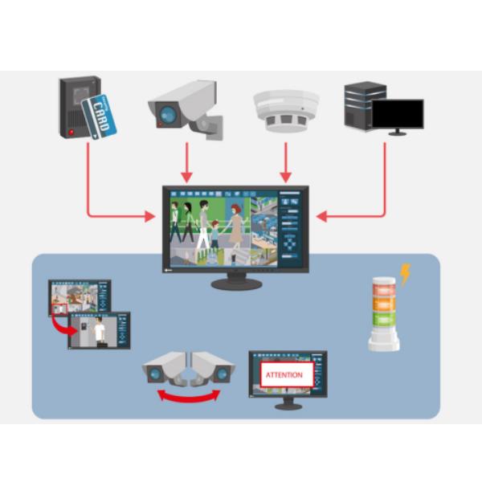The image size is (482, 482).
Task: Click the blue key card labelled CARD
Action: [102, 115]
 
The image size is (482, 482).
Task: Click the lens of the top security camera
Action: [167, 116]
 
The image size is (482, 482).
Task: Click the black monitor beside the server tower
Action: [397, 114]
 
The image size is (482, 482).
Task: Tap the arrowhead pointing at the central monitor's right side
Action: [321, 216]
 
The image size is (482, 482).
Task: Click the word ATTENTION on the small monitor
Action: [284, 375]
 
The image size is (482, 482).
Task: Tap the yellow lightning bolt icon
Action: [405, 275]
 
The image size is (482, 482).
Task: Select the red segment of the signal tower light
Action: [385, 287]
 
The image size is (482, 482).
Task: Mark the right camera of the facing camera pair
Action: [214, 370]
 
